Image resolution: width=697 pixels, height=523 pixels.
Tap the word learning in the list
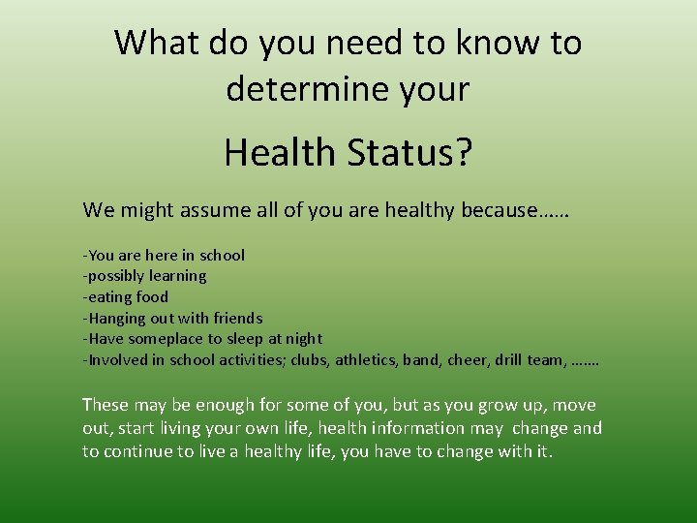click(176, 276)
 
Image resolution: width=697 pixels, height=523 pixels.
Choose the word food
click(152, 297)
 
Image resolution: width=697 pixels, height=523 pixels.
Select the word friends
click(235, 318)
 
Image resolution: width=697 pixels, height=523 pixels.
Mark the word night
click(302, 339)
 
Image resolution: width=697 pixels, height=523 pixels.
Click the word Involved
click(117, 360)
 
